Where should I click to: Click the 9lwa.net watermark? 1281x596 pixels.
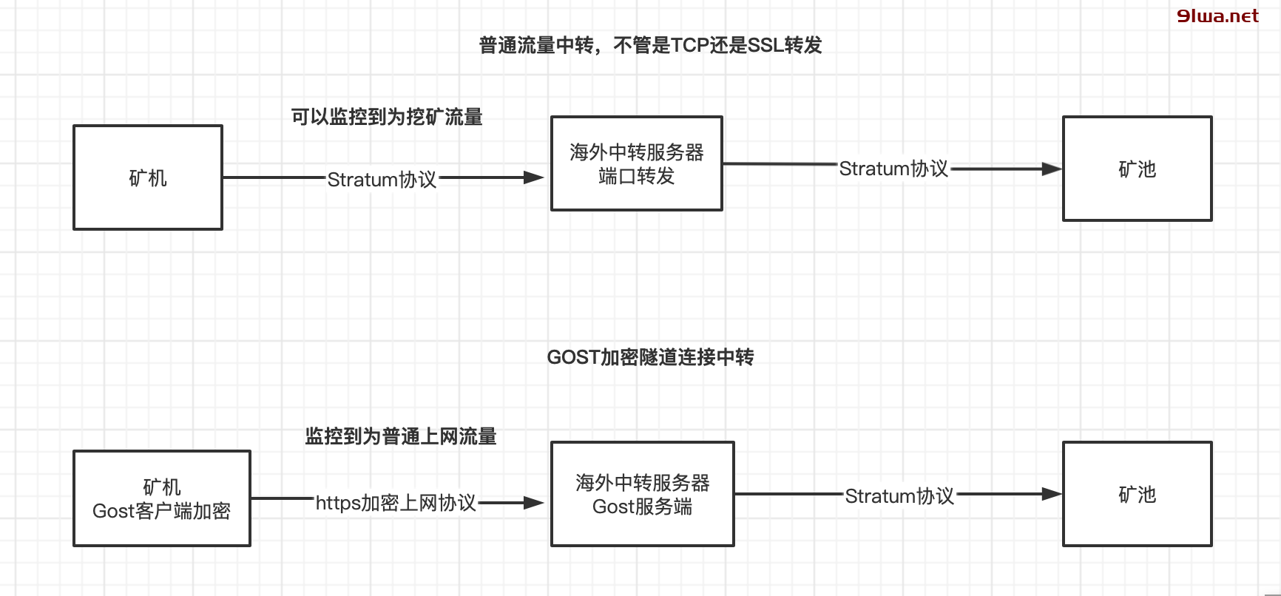(x=1217, y=16)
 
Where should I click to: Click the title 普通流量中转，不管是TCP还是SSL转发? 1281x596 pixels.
(x=650, y=46)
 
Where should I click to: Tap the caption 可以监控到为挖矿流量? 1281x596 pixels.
(x=387, y=117)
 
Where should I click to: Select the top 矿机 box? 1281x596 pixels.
(x=148, y=177)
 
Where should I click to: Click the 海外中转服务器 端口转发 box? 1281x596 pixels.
(x=636, y=163)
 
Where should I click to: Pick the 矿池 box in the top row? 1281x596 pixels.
(x=1137, y=169)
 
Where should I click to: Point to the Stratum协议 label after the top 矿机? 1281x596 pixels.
(x=382, y=180)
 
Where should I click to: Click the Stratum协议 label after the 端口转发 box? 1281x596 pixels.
(x=893, y=169)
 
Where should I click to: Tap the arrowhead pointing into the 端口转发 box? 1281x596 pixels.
(x=534, y=177)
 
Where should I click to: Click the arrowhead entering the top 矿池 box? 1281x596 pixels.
(x=1052, y=169)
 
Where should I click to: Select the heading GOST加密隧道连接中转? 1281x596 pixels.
(x=650, y=357)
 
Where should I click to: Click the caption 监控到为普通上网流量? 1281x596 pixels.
(x=401, y=436)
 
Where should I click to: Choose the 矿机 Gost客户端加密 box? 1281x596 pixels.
(x=162, y=498)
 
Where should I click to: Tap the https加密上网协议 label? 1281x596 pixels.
(x=396, y=504)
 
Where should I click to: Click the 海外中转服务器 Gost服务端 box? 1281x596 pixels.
(x=642, y=494)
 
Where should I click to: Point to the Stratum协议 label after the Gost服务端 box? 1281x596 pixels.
(x=899, y=496)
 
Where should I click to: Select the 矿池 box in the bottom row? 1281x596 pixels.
(x=1137, y=494)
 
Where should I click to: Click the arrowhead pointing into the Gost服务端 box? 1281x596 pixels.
(x=534, y=503)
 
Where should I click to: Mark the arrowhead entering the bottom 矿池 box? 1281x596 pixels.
(x=1052, y=494)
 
